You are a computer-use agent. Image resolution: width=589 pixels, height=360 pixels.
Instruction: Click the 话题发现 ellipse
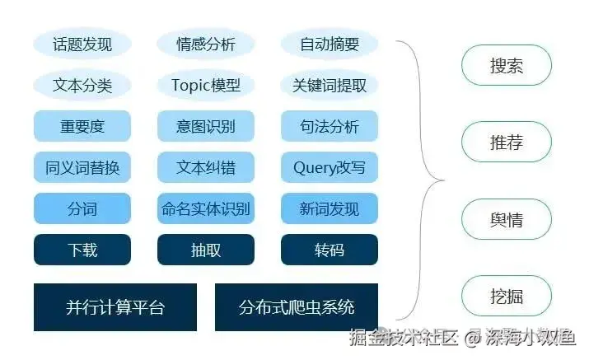82,44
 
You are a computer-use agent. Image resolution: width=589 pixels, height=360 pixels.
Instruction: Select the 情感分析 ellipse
206,44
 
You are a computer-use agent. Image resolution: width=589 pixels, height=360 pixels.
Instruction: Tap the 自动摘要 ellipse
330,44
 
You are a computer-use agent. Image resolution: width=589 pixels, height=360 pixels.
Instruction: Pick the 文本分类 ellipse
82,85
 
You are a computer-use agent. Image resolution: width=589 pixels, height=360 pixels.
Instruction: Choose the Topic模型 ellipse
206,85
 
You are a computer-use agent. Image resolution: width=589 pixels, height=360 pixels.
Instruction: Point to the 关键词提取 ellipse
330,85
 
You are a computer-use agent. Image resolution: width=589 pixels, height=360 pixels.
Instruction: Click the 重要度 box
82,126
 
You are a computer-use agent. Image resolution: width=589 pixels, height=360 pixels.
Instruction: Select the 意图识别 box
206,126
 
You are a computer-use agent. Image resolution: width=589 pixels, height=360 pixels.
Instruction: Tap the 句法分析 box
330,126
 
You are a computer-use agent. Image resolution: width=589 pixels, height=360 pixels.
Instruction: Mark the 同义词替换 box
82,167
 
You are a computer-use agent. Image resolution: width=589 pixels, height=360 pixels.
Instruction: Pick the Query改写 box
330,167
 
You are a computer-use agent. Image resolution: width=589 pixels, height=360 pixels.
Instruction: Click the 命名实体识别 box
206,208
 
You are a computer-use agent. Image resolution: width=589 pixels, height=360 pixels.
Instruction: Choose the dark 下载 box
82,250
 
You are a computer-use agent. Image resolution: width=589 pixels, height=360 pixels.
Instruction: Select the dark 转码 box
330,250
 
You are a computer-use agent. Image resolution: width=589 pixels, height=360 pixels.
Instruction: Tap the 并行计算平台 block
115,307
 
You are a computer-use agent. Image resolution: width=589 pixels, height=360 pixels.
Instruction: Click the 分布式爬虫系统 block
297,307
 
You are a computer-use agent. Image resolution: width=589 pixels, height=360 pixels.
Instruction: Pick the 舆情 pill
506,221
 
